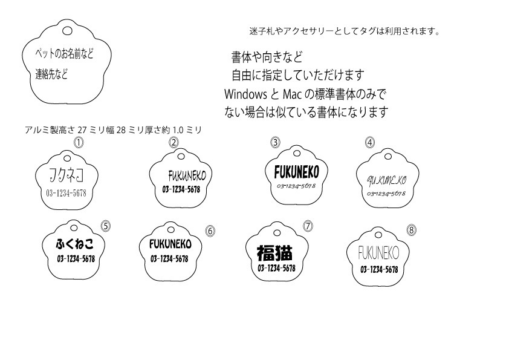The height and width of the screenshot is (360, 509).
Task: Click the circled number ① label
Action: [x=77, y=143]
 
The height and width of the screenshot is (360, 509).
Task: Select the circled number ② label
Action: [x=173, y=143]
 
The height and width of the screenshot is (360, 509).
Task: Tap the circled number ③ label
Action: [x=275, y=143]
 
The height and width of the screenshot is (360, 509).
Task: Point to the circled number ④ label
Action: [x=370, y=143]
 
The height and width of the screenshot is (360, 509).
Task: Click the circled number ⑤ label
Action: [x=105, y=226]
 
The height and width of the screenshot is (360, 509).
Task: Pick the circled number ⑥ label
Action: [x=210, y=231]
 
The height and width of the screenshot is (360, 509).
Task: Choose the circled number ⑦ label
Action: [x=308, y=226]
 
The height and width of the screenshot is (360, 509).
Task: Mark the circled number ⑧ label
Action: [x=412, y=230]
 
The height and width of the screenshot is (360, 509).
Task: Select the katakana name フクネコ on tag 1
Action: [x=66, y=176]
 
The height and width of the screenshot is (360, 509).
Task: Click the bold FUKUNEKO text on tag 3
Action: [x=292, y=172]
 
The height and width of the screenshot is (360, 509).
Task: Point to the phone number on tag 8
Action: [x=379, y=269]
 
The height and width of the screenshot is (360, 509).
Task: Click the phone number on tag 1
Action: [x=66, y=193]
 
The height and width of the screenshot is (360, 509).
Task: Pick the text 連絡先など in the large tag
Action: [x=51, y=75]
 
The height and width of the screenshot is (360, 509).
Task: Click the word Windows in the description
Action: [x=245, y=94]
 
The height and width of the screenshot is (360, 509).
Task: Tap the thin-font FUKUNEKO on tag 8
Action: [x=378, y=252]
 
